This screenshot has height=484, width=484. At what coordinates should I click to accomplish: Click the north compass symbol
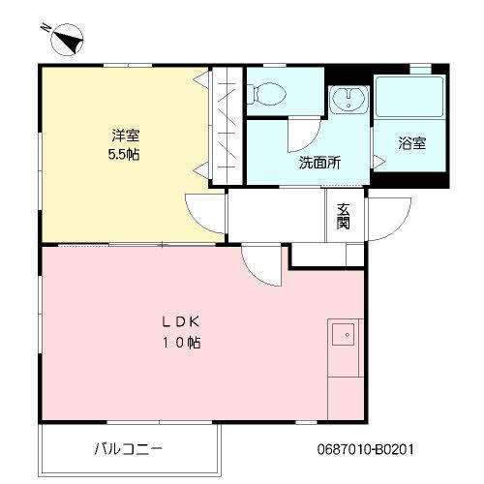pos(67,40)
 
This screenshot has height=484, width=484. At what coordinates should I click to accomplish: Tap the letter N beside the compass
pos(45,28)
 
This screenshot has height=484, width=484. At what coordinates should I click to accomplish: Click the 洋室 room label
pos(126,136)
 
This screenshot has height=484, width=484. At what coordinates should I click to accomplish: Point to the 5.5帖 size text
pos(124,155)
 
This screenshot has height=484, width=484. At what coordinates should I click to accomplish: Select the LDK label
pos(181,322)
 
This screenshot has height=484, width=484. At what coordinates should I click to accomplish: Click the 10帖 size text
pos(181,343)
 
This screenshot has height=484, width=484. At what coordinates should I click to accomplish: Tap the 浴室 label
pos(411,143)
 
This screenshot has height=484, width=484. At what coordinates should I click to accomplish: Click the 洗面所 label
pos(319,163)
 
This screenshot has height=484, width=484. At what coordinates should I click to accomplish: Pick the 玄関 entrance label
pos(343,216)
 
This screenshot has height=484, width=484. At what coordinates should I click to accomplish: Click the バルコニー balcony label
pos(129,449)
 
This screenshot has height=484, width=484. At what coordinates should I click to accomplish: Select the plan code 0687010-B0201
pos(365,449)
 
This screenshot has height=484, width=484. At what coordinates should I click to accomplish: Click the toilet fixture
pos(266,94)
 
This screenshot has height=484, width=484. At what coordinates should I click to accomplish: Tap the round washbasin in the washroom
pos(348,98)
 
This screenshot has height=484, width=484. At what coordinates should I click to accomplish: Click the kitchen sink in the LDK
pos(343,334)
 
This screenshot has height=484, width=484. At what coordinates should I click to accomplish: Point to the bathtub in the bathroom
pos(409,97)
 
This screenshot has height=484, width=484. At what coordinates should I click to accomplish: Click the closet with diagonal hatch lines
pos(227,126)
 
